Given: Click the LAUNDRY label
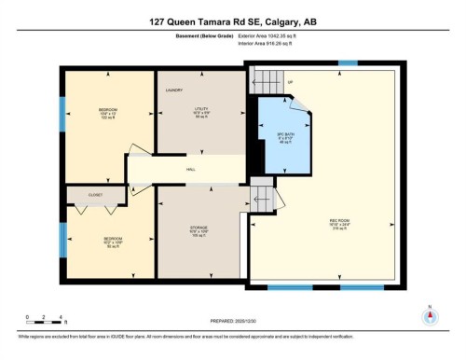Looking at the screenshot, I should (x=173, y=90).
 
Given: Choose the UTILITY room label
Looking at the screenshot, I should (x=200, y=109).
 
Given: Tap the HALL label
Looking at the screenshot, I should (x=191, y=170).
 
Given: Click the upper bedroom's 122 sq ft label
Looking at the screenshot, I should (x=107, y=119).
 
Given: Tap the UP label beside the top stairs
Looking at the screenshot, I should (x=291, y=82).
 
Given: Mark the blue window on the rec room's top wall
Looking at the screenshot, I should (x=348, y=63).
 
